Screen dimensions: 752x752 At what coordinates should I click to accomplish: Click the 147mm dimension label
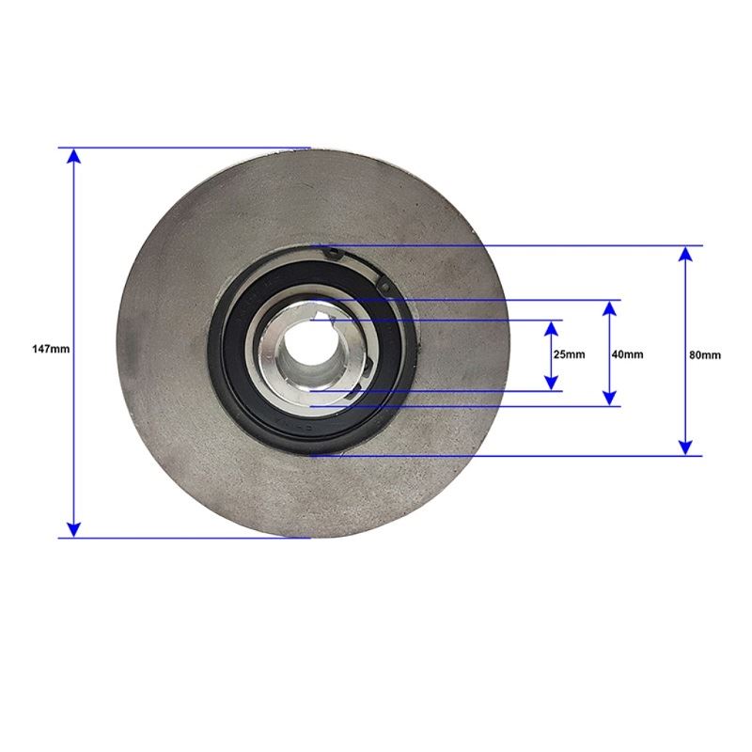point(51,349)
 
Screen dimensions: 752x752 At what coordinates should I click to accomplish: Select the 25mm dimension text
point(570,354)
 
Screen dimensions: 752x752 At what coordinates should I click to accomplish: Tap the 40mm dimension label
point(627,354)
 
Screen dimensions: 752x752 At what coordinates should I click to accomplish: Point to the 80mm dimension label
point(704,355)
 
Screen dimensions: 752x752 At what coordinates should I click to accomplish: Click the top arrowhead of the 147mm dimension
point(73,156)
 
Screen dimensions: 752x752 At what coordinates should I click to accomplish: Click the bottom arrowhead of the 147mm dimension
point(73,529)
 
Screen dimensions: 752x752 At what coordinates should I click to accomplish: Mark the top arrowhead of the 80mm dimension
point(686,254)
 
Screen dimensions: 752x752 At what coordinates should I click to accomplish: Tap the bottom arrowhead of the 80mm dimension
point(686,447)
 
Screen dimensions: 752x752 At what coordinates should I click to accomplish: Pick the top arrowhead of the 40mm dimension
point(609,308)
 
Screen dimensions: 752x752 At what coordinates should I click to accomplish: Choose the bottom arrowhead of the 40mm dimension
point(609,398)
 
